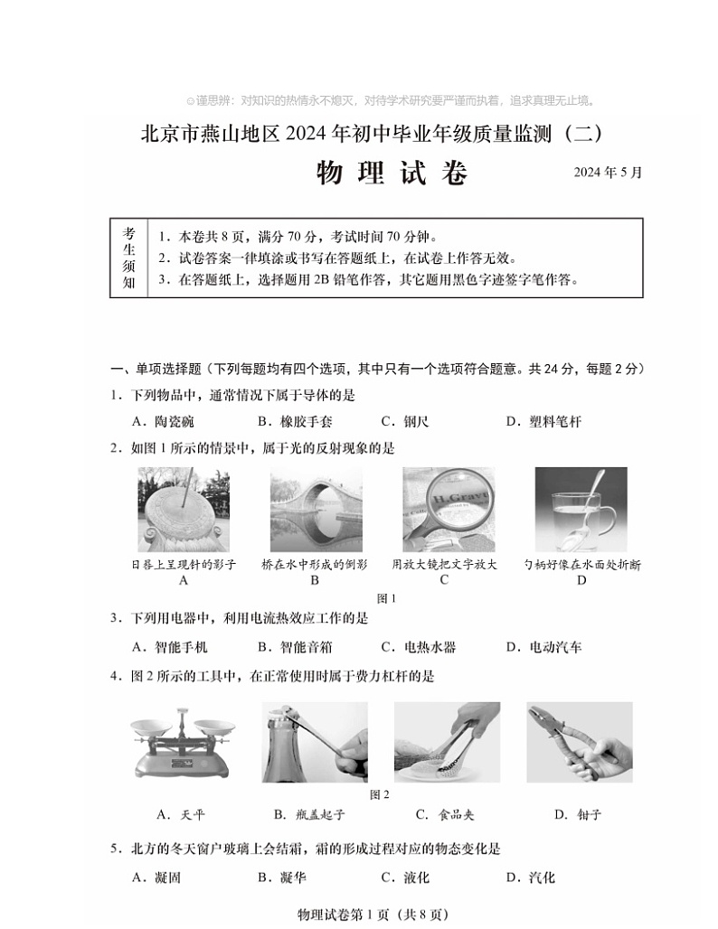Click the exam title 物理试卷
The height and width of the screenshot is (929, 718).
(392, 173)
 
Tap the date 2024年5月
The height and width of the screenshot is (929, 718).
(608, 173)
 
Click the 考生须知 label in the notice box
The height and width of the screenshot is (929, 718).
(128, 258)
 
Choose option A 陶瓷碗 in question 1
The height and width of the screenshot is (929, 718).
(163, 421)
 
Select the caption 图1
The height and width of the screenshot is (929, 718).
(386, 597)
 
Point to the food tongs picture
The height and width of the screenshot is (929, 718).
(447, 742)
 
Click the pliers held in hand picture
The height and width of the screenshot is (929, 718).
(579, 742)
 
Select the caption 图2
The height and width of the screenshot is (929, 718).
(380, 794)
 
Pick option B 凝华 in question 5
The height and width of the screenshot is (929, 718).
(282, 877)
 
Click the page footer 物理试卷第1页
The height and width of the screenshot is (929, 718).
(371, 915)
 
